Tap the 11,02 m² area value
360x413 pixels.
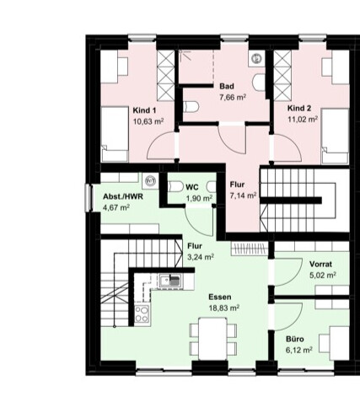pyautogui.click(x=303, y=119)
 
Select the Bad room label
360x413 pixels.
pyautogui.click(x=227, y=86)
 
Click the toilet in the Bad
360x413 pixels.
pyautogui.click(x=191, y=107)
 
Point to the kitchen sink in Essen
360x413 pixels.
pyautogui.click(x=169, y=281)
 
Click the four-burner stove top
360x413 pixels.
pyautogui.click(x=142, y=314)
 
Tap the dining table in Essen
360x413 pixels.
pyautogui.click(x=212, y=339)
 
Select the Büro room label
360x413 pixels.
pyautogui.click(x=295, y=339)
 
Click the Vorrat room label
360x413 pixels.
pyautogui.click(x=320, y=264)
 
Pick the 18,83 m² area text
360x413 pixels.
pyautogui.click(x=224, y=308)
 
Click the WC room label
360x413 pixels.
pyautogui.click(x=192, y=187)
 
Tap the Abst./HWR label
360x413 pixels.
pyautogui.click(x=123, y=196)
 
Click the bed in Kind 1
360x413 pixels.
pyautogui.click(x=115, y=134)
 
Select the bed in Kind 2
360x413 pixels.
pyautogui.click(x=336, y=137)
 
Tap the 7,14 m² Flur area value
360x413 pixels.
pyautogui.click(x=243, y=196)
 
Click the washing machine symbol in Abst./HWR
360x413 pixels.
pyautogui.click(x=151, y=181)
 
